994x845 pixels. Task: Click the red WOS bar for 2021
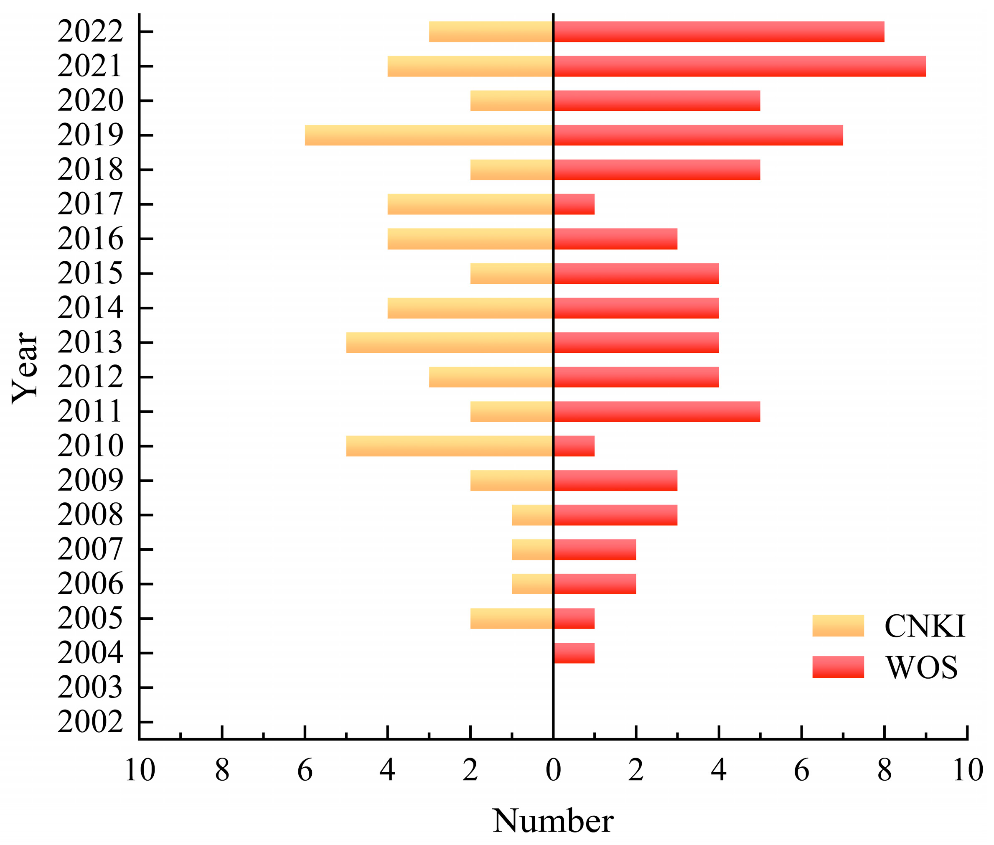(x=739, y=66)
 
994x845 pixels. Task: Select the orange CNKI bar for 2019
(x=429, y=135)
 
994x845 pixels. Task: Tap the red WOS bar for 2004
(x=574, y=653)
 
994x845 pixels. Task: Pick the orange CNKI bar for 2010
(x=450, y=446)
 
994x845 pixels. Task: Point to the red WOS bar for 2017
(x=574, y=204)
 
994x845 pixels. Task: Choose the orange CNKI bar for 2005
(x=511, y=618)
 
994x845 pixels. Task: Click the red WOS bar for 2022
(x=719, y=32)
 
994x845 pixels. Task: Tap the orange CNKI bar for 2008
(x=532, y=515)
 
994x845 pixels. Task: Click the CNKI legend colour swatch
(x=838, y=626)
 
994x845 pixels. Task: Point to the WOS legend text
(x=922, y=667)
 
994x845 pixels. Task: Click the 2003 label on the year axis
(x=90, y=688)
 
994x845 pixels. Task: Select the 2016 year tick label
(x=90, y=239)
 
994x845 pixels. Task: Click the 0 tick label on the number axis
(x=553, y=770)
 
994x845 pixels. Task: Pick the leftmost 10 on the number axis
(x=139, y=770)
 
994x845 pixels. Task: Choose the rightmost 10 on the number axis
(x=968, y=770)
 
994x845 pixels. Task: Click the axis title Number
(x=553, y=821)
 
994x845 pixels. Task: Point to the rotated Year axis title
(x=25, y=368)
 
